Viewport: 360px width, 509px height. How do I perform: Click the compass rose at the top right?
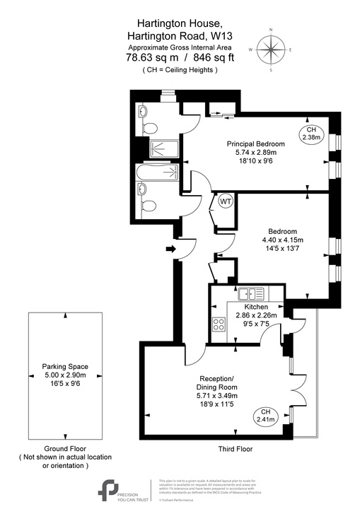[x=269, y=49]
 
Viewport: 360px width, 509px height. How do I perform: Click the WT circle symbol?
[x=226, y=201]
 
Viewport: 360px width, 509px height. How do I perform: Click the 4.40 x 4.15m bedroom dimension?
[x=281, y=241]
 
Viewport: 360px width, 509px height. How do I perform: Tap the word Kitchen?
[x=255, y=307]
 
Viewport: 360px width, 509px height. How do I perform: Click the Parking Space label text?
[x=64, y=366]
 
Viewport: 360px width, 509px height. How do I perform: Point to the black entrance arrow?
[x=170, y=249]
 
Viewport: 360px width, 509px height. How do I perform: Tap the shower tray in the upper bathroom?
[x=162, y=148]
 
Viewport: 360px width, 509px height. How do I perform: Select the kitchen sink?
[x=251, y=293]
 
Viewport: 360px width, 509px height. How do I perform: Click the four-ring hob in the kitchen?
[x=219, y=324]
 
